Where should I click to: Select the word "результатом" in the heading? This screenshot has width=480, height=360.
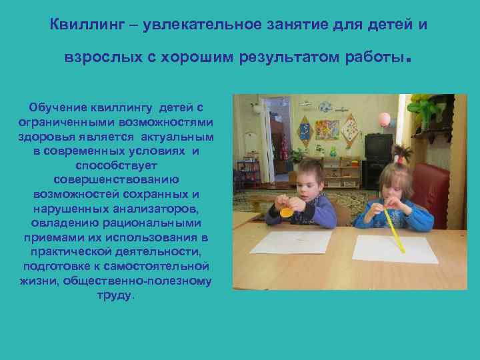[292, 58]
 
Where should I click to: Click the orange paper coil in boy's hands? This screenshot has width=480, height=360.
[287, 212]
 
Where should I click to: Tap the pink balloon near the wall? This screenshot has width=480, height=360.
[384, 119]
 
